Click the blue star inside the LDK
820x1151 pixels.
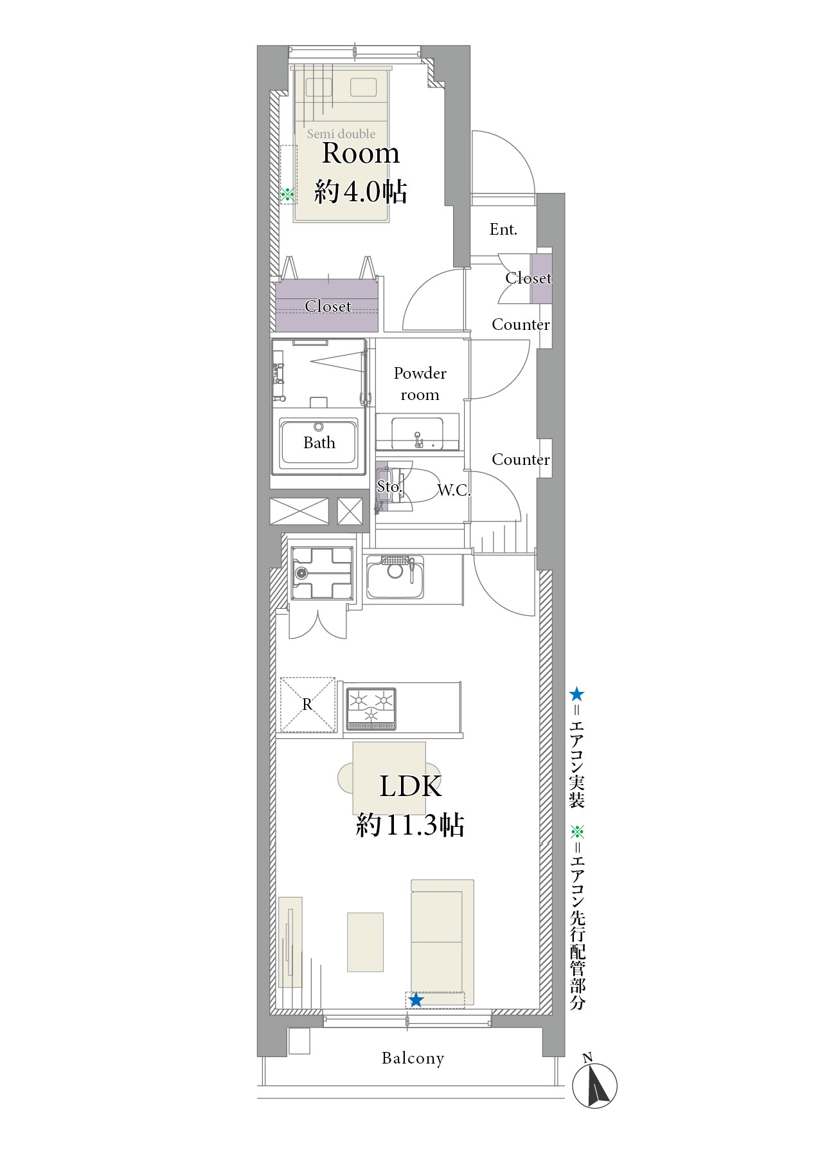(x=416, y=1000)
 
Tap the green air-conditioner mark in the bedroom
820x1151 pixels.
(x=288, y=194)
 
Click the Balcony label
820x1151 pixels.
(x=413, y=1058)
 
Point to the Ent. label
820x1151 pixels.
(x=503, y=230)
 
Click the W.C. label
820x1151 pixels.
(x=454, y=490)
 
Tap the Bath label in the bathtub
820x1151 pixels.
(x=319, y=442)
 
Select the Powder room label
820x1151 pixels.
(x=420, y=384)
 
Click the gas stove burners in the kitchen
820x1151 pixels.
(x=371, y=709)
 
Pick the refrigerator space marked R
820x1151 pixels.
(x=308, y=704)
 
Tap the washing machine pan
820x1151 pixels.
(x=322, y=573)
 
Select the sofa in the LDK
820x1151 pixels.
(x=442, y=942)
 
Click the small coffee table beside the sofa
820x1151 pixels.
(x=365, y=942)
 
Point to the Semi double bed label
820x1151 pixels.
(x=341, y=134)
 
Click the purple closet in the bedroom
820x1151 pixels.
(x=326, y=305)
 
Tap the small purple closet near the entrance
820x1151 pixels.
(x=541, y=278)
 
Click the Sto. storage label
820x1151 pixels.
(x=389, y=487)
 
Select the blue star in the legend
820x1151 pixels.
(x=576, y=694)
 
